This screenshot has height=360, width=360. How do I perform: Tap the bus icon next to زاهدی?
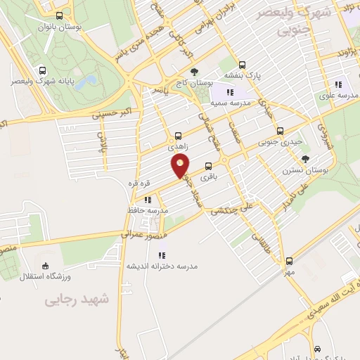pos(177,136)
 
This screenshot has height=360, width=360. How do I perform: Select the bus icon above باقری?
pos(208,167)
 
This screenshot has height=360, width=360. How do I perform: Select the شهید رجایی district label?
pos(77,300)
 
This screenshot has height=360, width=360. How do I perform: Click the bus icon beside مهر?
pos(289,260)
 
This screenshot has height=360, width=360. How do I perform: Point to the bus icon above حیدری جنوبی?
pos(280,130)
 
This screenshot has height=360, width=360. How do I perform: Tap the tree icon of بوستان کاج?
pos(195,72)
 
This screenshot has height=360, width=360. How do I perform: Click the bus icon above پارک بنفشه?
pos(242,64)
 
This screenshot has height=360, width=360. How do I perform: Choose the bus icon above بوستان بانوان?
pos(58,15)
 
